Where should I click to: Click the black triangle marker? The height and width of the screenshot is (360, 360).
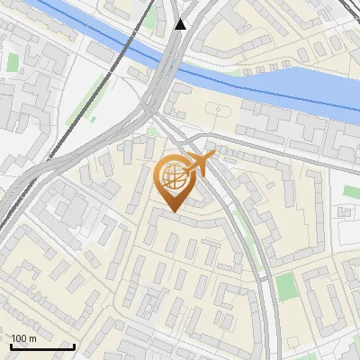click(x=182, y=24)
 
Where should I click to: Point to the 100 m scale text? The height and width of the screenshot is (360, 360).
click(x=24, y=338)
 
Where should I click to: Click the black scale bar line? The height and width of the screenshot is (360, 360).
click(x=41, y=346)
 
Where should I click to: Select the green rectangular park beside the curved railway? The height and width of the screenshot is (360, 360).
click(x=286, y=287)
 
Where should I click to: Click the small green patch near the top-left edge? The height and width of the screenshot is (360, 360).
click(x=13, y=62)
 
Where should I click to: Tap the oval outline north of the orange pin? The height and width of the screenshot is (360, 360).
click(x=218, y=110)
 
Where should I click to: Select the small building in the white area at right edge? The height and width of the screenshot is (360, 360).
click(x=346, y=211)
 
